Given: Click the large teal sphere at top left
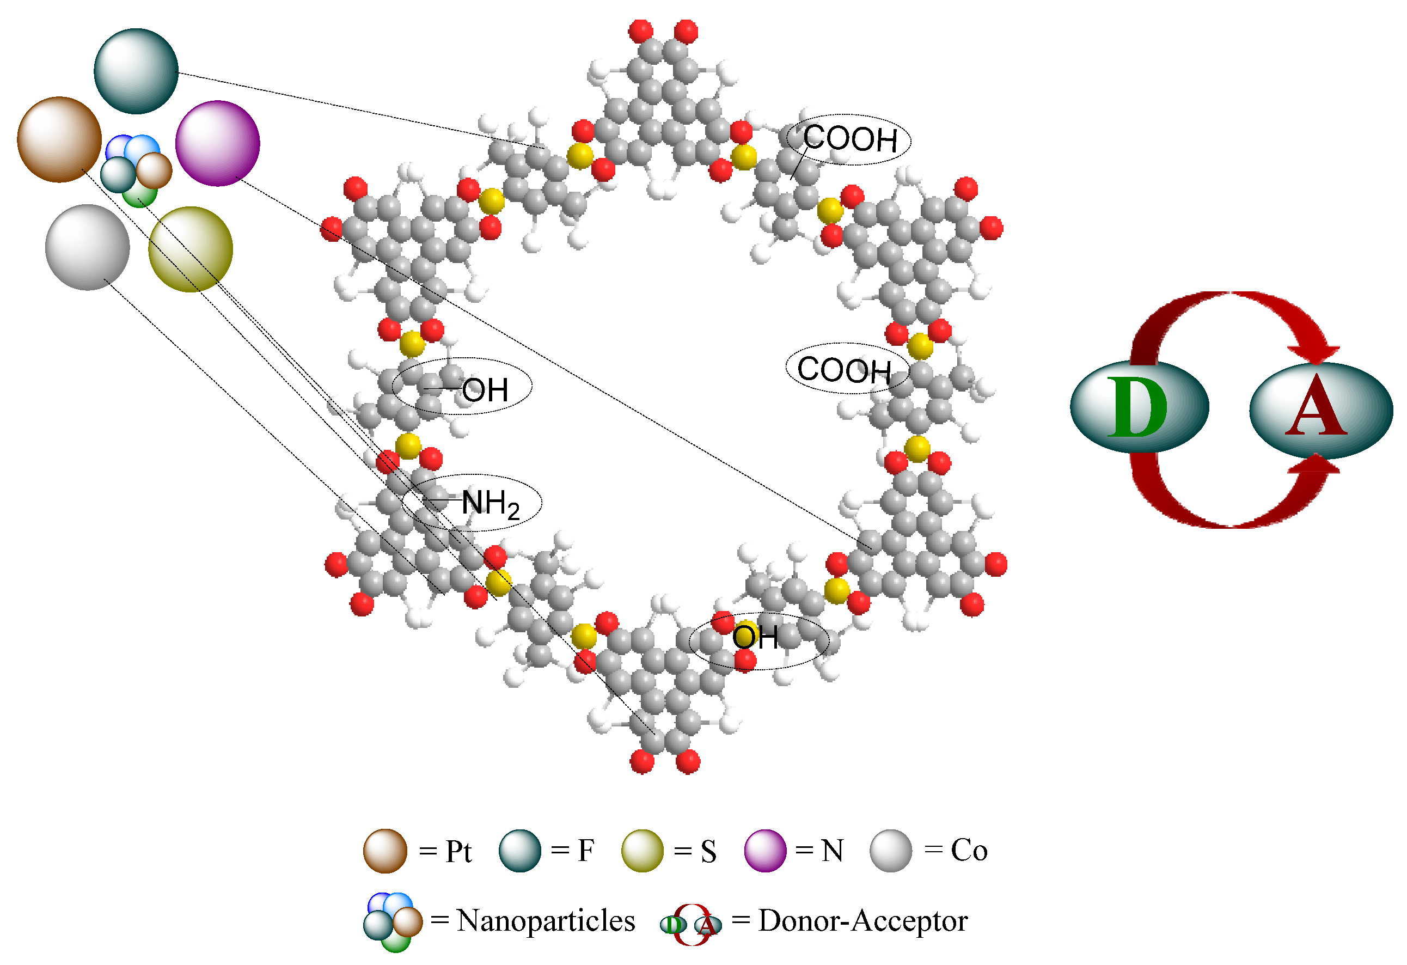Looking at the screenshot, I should tap(136, 71).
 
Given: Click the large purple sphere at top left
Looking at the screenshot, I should tap(217, 143).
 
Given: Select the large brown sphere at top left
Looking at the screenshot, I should tap(59, 139).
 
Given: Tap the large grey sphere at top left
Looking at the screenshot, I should tap(88, 247).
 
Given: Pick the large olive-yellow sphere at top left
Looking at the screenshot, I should tap(191, 249).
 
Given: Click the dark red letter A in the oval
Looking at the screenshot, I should tap(1317, 407).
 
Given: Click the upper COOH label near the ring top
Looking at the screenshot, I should tap(850, 139).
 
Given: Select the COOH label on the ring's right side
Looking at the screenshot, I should tap(844, 369).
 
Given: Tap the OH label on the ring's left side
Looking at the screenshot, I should tap(485, 390).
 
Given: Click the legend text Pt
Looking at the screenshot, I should tap(458, 852).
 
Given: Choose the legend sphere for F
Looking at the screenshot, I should tap(519, 851).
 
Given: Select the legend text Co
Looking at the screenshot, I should tap(969, 851).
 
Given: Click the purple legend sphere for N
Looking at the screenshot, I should tap(765, 851).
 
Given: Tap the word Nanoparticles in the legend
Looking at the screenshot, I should tap(546, 921).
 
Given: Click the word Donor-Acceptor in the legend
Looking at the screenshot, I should tap(862, 921).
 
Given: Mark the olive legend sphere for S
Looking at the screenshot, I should tap(643, 851).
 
